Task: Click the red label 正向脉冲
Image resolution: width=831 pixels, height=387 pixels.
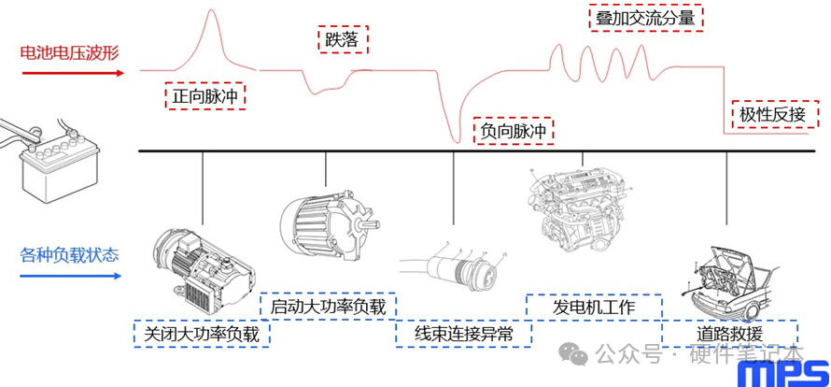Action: tap(207, 95)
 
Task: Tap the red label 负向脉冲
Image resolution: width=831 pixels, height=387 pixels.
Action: tap(514, 132)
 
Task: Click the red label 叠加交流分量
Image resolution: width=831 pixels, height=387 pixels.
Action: tap(645, 19)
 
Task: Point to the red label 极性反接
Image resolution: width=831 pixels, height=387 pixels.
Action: tap(772, 114)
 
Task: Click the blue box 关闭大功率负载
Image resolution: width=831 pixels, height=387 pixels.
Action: tap(202, 333)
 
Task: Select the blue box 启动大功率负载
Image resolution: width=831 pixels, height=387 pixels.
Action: tap(328, 306)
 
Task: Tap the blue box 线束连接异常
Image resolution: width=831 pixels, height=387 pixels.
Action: tap(463, 333)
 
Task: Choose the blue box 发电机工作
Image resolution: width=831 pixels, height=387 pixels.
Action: tap(594, 307)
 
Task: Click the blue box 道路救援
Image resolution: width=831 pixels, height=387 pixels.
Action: tap(729, 333)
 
